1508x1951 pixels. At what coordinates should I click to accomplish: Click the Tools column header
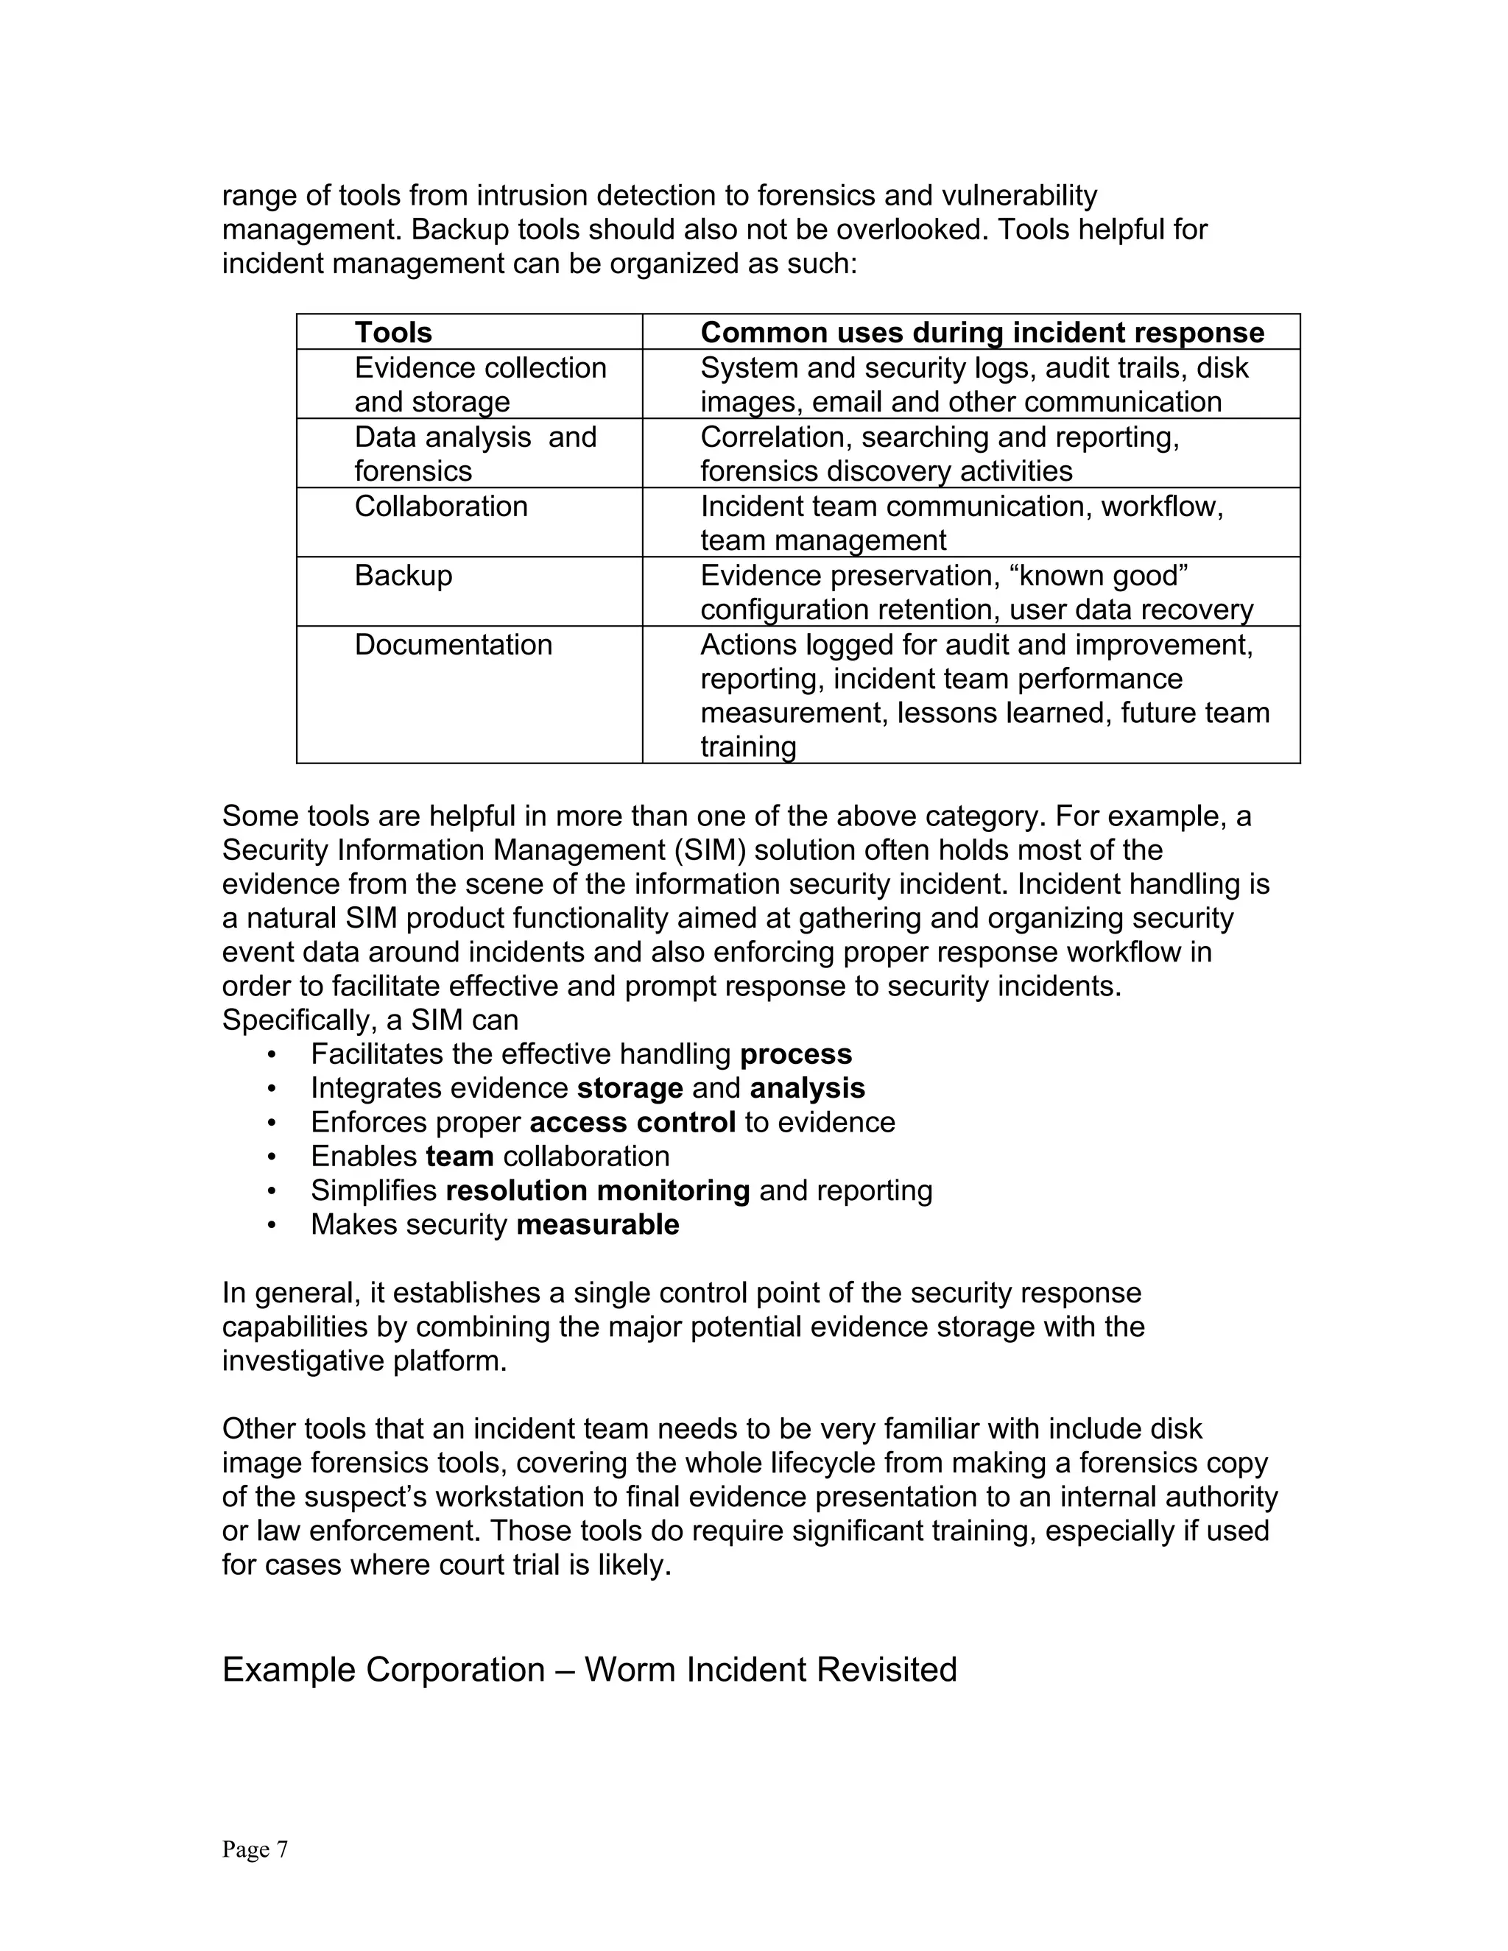pyautogui.click(x=393, y=332)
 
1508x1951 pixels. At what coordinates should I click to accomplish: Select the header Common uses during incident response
pyautogui.click(x=982, y=332)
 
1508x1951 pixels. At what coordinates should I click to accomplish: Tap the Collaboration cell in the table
pyautogui.click(x=440, y=507)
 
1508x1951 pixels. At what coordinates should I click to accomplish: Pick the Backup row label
pyautogui.click(x=403, y=575)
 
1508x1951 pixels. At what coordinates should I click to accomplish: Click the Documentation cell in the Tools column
pyautogui.click(x=453, y=645)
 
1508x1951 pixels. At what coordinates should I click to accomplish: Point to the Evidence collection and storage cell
pyautogui.click(x=480, y=384)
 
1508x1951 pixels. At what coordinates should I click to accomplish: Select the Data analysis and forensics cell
pyautogui.click(x=474, y=454)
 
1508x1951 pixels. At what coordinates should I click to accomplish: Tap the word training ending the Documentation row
pyautogui.click(x=748, y=747)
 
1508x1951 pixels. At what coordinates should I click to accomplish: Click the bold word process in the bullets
pyautogui.click(x=795, y=1054)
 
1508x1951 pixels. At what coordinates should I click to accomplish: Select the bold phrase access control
pyautogui.click(x=633, y=1122)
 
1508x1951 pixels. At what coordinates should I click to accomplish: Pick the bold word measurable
pyautogui.click(x=598, y=1224)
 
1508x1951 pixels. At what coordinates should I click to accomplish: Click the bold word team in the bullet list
pyautogui.click(x=459, y=1156)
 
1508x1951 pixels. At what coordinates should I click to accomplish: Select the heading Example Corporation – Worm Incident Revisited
pyautogui.click(x=589, y=1669)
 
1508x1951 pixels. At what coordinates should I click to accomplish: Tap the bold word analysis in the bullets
pyautogui.click(x=807, y=1088)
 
